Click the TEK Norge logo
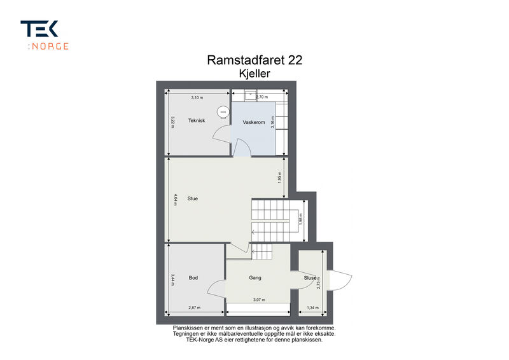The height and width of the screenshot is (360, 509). point(45,35)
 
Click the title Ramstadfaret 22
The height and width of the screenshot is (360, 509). point(254,60)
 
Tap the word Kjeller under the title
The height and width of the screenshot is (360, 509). point(254,74)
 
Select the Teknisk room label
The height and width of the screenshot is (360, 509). point(197,120)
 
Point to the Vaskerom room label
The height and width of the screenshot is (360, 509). point(254,122)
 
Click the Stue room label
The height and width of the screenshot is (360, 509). point(193,198)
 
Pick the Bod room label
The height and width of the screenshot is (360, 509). point(193,278)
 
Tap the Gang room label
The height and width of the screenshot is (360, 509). point(255,278)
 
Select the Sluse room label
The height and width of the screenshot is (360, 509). point(310,278)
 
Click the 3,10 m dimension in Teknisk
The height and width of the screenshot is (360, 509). point(197,97)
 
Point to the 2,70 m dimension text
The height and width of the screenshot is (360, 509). point(262,97)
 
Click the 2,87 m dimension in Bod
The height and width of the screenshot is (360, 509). point(195,308)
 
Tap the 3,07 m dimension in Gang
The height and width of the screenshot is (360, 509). point(259,300)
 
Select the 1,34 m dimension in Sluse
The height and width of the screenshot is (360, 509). point(312,308)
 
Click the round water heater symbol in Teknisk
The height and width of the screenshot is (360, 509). point(223,112)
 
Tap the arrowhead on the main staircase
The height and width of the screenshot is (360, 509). point(253,232)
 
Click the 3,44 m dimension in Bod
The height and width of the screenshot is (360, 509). point(172,280)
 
